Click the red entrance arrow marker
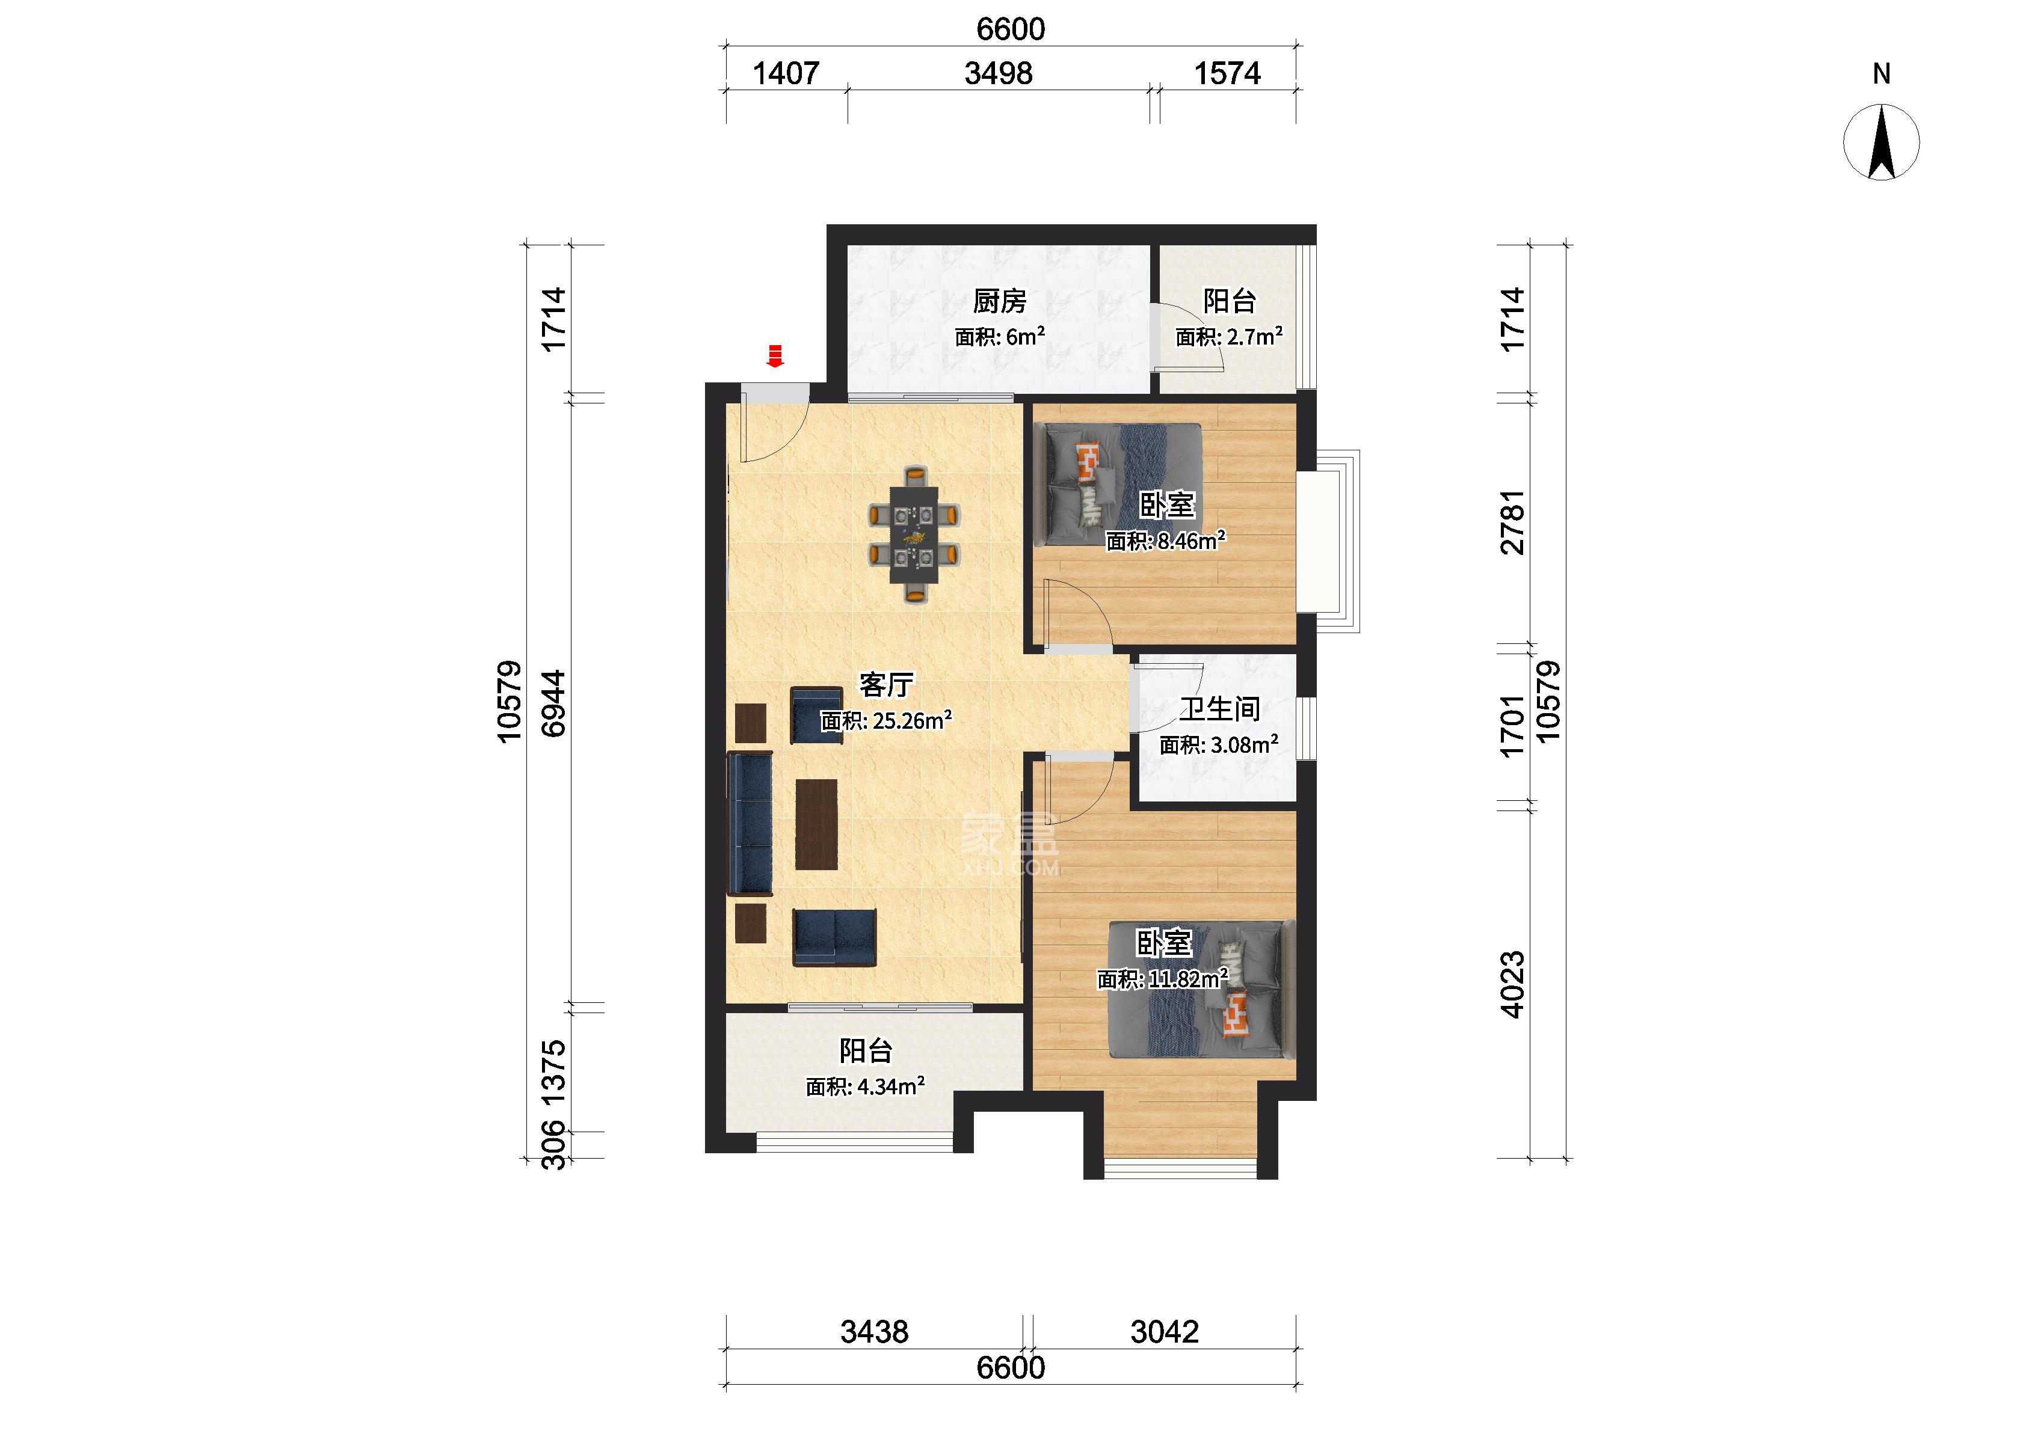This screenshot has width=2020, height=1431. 775,356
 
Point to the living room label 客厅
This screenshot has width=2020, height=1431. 887,685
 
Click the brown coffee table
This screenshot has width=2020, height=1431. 816,824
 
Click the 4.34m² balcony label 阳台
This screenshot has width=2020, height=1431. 866,1050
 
